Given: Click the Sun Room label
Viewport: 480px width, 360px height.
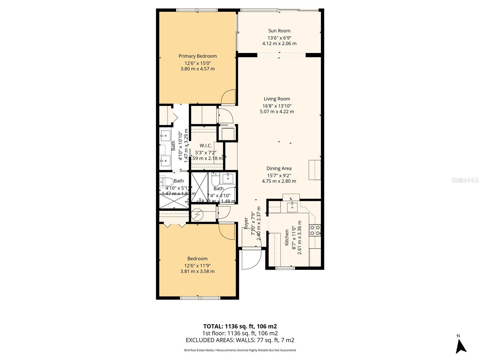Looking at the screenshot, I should [x=279, y=31].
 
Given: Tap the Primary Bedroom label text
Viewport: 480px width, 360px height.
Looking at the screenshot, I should [x=197, y=56].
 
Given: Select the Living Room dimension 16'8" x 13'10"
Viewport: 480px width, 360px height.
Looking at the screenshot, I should [x=277, y=106].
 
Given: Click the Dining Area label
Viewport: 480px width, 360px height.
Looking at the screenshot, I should [x=279, y=169].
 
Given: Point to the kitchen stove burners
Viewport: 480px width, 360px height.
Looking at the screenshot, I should [x=315, y=230].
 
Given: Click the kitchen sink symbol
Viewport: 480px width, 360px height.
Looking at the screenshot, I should [x=292, y=207].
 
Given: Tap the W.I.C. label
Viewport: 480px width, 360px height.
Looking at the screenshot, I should [x=205, y=145].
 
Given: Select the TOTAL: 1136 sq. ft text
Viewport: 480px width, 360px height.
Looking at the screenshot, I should [x=240, y=326].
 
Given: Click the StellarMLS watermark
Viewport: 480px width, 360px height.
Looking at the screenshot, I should [x=465, y=180].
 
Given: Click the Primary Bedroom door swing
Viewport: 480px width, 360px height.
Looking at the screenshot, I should [x=229, y=97].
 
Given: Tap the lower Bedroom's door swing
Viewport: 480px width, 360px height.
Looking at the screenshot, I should [x=227, y=231].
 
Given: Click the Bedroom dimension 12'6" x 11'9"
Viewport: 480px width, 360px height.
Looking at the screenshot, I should [x=197, y=265].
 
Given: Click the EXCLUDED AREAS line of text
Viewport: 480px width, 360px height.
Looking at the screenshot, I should [x=240, y=340].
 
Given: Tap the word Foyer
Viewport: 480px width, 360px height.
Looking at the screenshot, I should [x=246, y=223].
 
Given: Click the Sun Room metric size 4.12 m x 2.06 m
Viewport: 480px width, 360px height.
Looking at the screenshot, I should [x=279, y=43].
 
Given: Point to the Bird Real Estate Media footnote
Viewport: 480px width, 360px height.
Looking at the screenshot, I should [x=240, y=350].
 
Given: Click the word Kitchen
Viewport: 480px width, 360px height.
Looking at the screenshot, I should [x=286, y=238].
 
